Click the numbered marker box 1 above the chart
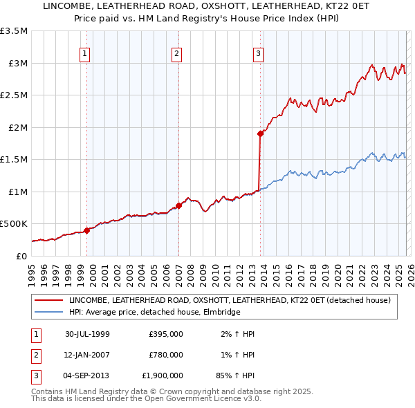[84, 53]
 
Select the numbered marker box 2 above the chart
[176, 53]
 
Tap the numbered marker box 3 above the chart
[258, 53]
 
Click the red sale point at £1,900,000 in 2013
[261, 133]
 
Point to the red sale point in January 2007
[178, 205]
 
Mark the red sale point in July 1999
[87, 230]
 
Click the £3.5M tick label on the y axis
[14, 31]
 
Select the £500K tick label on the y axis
[14, 224]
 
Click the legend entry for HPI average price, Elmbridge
[154, 313]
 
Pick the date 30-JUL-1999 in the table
[87, 334]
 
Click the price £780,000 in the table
[166, 355]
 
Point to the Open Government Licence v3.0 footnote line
[146, 398]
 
